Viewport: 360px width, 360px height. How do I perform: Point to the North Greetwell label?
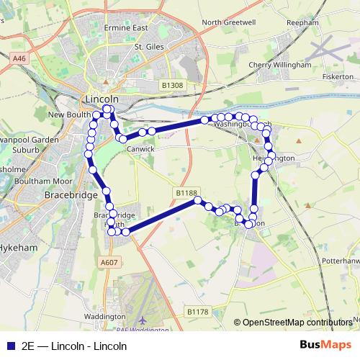tap(229, 22)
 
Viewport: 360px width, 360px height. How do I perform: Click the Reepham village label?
tap(302, 23)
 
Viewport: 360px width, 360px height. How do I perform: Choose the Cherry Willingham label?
tap(279, 65)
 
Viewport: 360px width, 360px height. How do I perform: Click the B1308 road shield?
tap(173, 85)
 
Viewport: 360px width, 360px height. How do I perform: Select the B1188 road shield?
tap(186, 193)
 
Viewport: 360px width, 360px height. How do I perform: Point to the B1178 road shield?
tap(197, 312)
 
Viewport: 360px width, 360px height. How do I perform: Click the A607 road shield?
tap(109, 262)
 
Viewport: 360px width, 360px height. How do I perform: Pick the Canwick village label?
tap(140, 149)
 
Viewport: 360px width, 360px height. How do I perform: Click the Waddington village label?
tap(105, 316)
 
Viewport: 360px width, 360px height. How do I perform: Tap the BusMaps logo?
tap(327, 345)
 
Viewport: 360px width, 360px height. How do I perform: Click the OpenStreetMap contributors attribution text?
tap(297, 323)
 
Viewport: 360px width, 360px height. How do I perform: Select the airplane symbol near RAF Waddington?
tap(143, 319)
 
